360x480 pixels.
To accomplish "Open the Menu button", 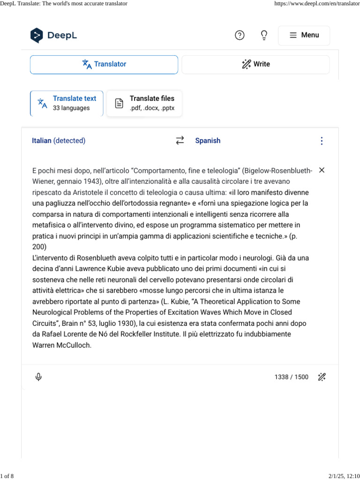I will pos(304,35).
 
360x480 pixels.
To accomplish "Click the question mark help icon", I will pos(240,35).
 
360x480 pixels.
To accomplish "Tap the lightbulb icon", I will pos(264,35).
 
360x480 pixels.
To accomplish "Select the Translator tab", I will pos(104,64).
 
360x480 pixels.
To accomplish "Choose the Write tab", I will pos(255,64).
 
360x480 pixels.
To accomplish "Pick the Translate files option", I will pos(144,103).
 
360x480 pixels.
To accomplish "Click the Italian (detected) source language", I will pos(59,141).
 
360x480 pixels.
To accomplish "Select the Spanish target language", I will pos(208,141).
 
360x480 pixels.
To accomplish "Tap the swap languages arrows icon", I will pos(180,141).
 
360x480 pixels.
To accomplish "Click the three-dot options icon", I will pos(322,141).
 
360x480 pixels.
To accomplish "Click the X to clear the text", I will pos(322,170).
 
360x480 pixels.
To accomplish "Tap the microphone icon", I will pos(38,377).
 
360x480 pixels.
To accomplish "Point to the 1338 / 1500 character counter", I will pos(292,377).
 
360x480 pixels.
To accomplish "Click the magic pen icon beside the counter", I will pos(322,377).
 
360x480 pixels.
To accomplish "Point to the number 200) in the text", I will pos(40,247).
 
